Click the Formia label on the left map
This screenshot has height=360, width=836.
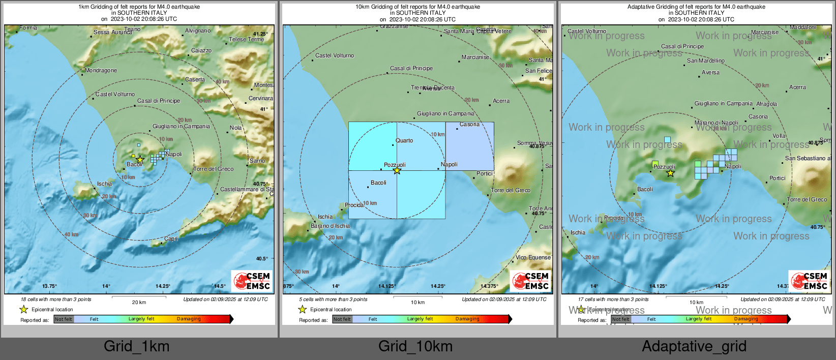(28, 28)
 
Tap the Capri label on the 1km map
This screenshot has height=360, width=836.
(171, 238)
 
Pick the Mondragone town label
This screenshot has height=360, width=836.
(101, 71)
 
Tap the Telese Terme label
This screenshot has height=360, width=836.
(247, 39)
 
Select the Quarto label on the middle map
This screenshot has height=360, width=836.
(404, 141)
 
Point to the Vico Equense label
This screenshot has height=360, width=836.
(533, 257)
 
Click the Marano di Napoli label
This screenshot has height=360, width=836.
(716, 123)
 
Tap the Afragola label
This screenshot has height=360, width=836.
(766, 104)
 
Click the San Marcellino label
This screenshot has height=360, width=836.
(706, 61)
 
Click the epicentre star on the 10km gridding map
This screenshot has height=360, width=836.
(397, 171)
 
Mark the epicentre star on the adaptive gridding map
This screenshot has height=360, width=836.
(671, 173)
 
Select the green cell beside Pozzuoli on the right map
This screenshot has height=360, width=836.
(655, 164)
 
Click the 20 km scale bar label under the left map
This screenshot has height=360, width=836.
(139, 303)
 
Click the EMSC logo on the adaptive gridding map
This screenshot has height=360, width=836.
(809, 281)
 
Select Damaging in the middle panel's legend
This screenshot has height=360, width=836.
(467, 319)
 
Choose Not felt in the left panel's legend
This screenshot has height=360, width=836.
(64, 319)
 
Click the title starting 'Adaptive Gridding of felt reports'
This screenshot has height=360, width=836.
(696, 7)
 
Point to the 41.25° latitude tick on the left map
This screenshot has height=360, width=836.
(260, 34)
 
